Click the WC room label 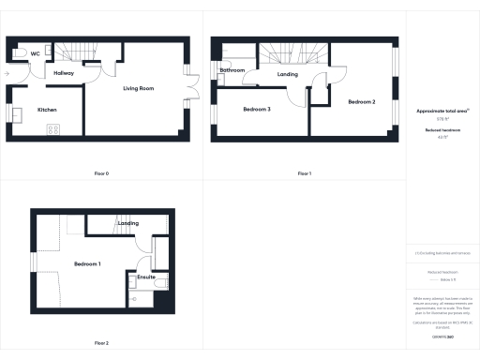pos(34,53)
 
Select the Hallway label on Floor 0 pos(64,72)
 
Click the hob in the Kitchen pos(52,128)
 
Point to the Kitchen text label pos(47,110)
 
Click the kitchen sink pos(17,114)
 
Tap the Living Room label pos(139,89)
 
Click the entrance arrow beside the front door pos(7,72)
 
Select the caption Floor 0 pos(101,173)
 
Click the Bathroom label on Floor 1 pos(232,70)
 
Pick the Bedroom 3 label pos(256,110)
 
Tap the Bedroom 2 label pos(361,101)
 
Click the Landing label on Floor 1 pos(288,74)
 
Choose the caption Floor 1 pos(304,173)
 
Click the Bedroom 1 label pos(87,263)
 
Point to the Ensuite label pos(146,277)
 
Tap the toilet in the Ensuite pos(160,282)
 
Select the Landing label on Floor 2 pos(128,223)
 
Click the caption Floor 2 pos(101,342)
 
